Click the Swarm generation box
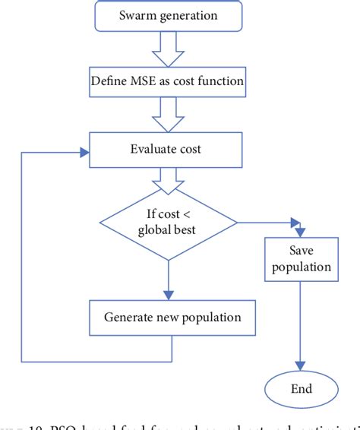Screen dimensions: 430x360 point(167,15)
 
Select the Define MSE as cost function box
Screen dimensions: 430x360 point(167,80)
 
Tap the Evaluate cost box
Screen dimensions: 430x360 point(167,150)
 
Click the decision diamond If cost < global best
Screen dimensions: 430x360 point(167,221)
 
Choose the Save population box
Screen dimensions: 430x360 point(302,258)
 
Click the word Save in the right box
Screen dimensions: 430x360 point(302,251)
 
